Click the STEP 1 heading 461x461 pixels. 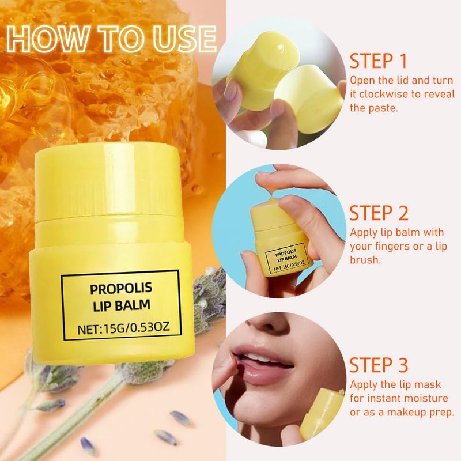coord(378,61)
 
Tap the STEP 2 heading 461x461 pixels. coord(379,213)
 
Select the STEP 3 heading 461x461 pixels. coord(379,365)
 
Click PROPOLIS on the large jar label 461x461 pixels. coord(121,289)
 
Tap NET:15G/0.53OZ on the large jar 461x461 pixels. coord(123,328)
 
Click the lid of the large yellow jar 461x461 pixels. coord(108,182)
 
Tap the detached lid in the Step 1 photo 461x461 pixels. coord(309,99)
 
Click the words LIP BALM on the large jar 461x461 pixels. coord(122,305)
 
